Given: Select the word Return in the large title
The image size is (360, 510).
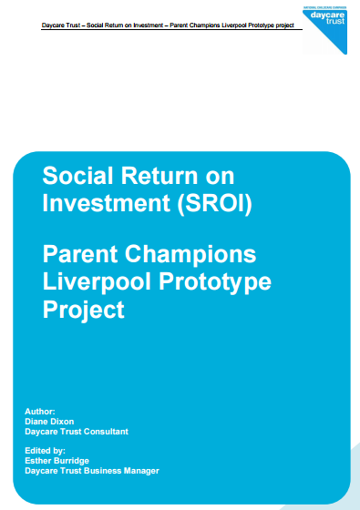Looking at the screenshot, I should point(163,175).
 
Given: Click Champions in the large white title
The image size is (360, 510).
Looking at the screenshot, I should point(197,253).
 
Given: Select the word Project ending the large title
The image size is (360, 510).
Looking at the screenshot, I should point(83,310).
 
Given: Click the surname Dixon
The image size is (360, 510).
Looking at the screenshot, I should point(78,421).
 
